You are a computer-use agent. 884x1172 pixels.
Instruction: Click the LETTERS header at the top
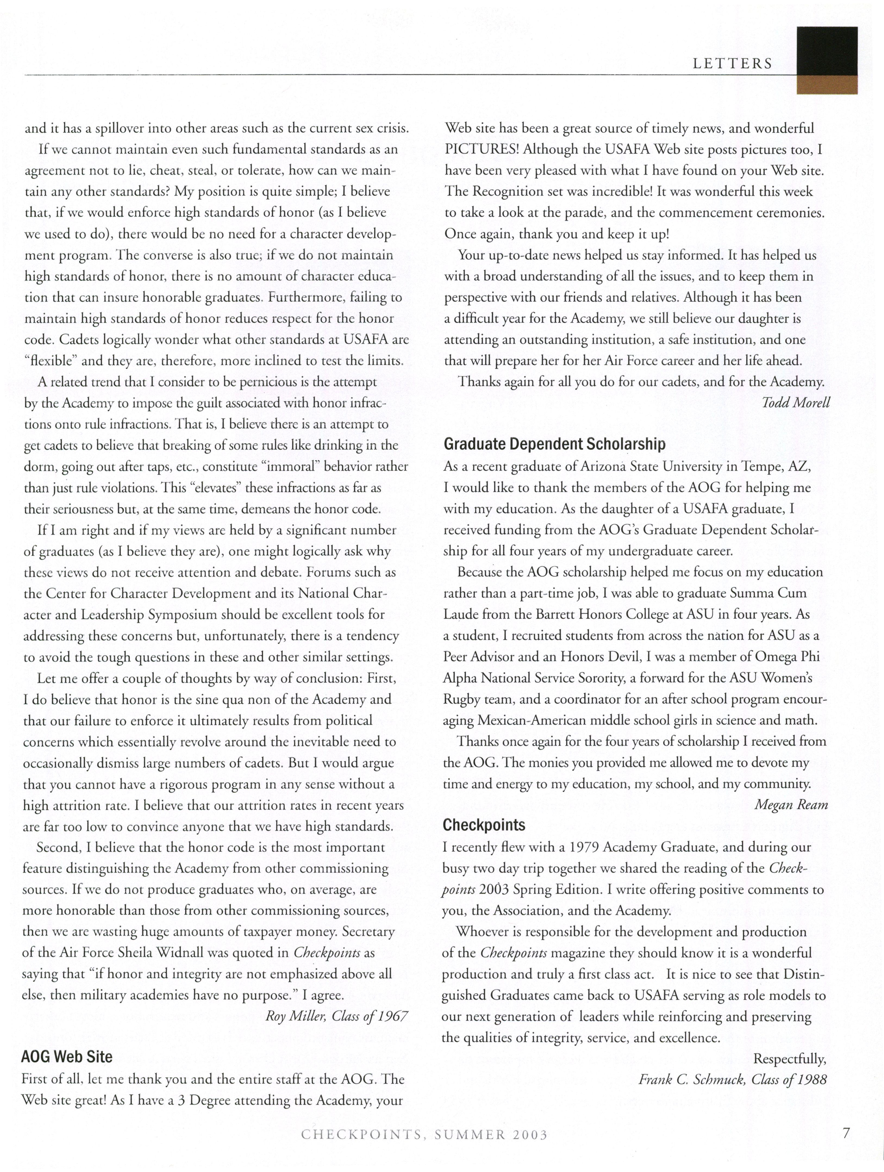point(732,64)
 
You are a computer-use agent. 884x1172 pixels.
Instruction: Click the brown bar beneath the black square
point(827,85)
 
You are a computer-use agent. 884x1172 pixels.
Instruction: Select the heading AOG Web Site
point(67,1057)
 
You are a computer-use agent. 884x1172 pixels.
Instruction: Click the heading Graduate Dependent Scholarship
point(554,444)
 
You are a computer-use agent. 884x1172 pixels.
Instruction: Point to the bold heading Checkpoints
point(484,825)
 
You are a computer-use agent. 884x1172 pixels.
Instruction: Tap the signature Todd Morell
point(795,402)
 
